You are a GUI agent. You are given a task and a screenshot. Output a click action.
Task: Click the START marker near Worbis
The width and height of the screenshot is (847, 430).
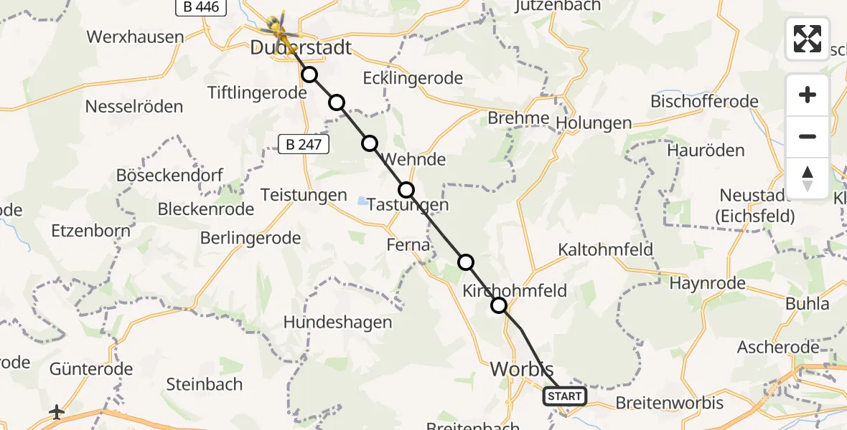click(565, 396)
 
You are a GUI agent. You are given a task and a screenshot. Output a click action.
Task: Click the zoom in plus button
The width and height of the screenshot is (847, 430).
click(808, 95)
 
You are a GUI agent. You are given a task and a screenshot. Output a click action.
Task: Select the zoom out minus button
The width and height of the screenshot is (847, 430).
click(808, 136)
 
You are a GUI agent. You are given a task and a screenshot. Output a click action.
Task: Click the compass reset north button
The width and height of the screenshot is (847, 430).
click(808, 178)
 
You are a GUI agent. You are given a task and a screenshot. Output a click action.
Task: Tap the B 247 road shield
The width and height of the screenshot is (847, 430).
click(304, 145)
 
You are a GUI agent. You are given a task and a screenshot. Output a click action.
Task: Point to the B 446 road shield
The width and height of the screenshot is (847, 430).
click(202, 7)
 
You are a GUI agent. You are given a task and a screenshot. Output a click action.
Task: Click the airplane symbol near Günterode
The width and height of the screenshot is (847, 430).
click(57, 412)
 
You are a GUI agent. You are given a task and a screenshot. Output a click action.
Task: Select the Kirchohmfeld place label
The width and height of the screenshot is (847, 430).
click(515, 290)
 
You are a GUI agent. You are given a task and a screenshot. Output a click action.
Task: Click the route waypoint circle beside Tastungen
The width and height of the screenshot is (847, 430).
click(406, 190)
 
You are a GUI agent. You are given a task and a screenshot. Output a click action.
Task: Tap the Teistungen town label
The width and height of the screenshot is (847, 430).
click(304, 195)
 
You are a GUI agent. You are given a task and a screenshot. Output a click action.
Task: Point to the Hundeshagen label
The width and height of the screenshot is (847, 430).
click(337, 322)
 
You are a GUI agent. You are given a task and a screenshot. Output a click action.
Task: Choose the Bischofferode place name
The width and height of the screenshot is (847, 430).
click(704, 101)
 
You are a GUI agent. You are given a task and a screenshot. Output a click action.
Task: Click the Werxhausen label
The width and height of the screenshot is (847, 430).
click(135, 37)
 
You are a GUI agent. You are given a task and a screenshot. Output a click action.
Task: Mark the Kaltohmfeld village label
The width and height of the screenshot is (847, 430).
click(606, 249)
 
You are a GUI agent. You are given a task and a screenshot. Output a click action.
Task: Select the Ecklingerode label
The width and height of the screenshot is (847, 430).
click(413, 78)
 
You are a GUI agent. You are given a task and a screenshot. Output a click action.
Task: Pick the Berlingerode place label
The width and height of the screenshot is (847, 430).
click(251, 239)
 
